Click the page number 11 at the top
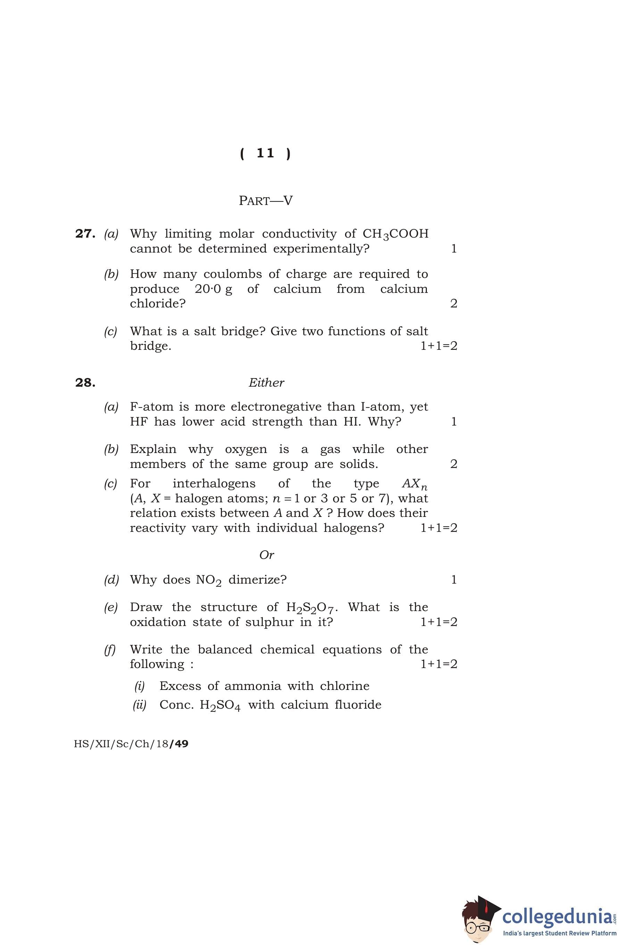[x=265, y=153]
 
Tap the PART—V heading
[x=265, y=200]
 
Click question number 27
[x=85, y=233]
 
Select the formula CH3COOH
[x=396, y=234]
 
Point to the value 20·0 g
[x=213, y=289]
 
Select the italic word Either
[x=266, y=383]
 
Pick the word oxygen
[x=246, y=449]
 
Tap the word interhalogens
[x=214, y=484]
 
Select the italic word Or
[x=266, y=555]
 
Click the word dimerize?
[x=257, y=580]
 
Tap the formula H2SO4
[x=220, y=706]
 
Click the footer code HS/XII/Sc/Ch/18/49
[x=131, y=744]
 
